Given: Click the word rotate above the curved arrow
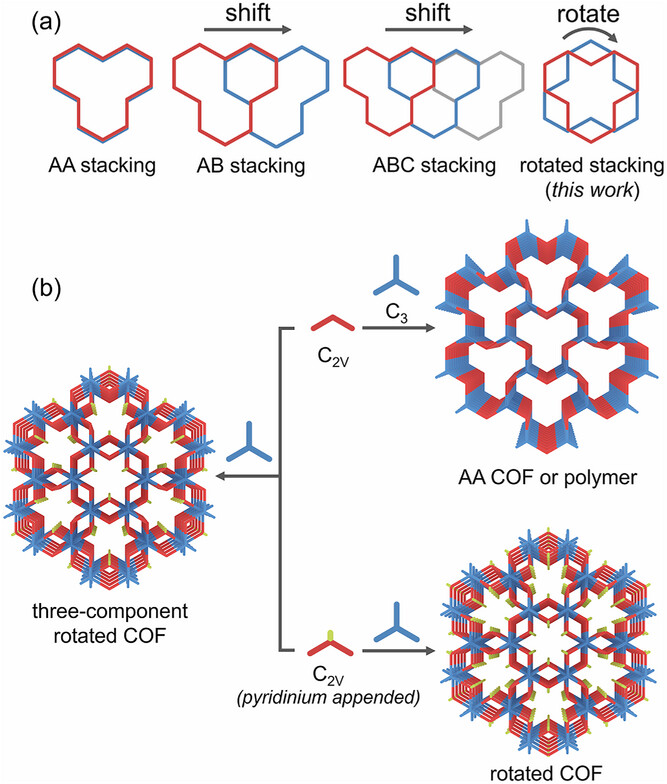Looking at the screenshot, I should tap(596, 15).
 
